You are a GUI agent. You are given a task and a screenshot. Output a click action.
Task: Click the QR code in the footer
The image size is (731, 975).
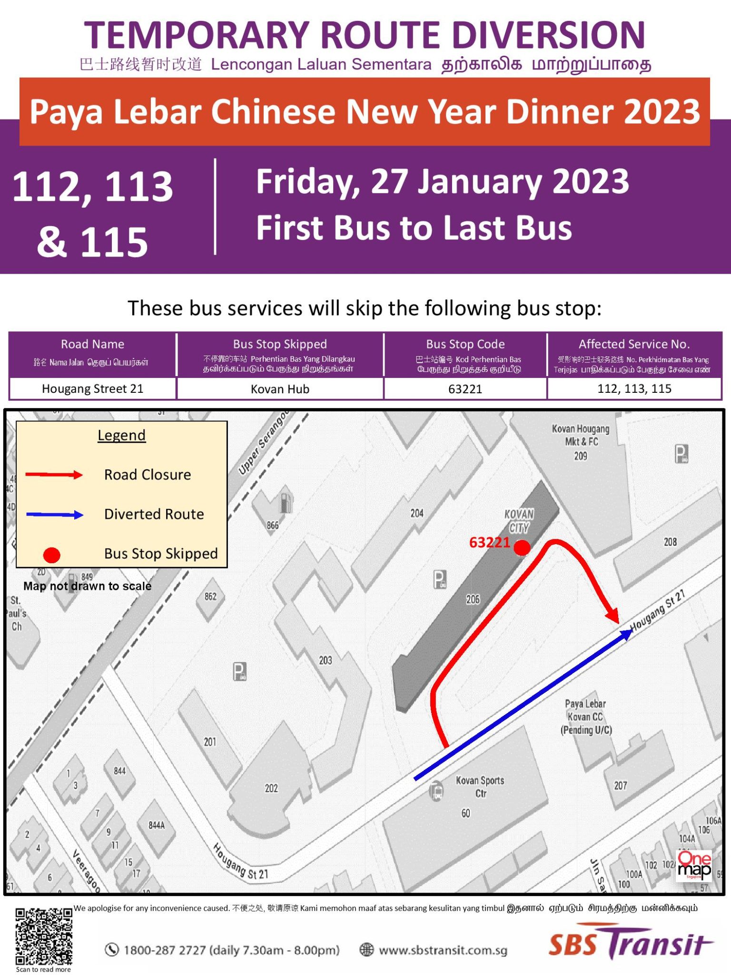coord(43,936)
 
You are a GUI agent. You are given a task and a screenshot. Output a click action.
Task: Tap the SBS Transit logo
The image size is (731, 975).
coord(630,943)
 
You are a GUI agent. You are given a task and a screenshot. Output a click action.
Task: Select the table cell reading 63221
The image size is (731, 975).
coord(465,389)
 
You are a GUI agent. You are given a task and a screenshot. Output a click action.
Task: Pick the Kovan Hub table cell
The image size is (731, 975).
coord(280,389)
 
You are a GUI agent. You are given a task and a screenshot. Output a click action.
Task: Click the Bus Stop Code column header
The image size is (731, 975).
coord(465,344)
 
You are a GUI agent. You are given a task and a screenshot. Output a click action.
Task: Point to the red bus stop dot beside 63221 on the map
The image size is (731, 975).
coord(522,547)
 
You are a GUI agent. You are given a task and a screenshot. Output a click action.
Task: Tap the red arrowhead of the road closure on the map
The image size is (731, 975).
coord(612,615)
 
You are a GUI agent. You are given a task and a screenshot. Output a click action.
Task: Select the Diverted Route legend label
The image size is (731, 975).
coord(154,514)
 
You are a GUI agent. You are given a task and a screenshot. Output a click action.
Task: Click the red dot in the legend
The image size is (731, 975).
coord(51,555)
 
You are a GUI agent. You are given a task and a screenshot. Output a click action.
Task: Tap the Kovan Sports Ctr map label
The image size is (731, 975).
coord(480,786)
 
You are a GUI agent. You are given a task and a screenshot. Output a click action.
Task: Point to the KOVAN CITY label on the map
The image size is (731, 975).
coord(519,521)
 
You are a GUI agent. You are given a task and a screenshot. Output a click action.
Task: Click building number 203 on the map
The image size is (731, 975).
coord(326,660)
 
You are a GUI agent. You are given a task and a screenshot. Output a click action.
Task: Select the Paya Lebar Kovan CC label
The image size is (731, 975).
coord(586,716)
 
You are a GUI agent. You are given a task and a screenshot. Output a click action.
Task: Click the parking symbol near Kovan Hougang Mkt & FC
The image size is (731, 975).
coord(682,454)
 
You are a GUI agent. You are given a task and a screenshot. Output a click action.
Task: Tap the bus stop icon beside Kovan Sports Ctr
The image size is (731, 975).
coord(436,791)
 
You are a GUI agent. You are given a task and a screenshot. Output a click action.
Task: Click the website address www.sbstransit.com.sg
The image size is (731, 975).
coord(443,950)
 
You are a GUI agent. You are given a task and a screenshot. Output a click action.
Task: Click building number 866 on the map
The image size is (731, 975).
coord(273,525)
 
